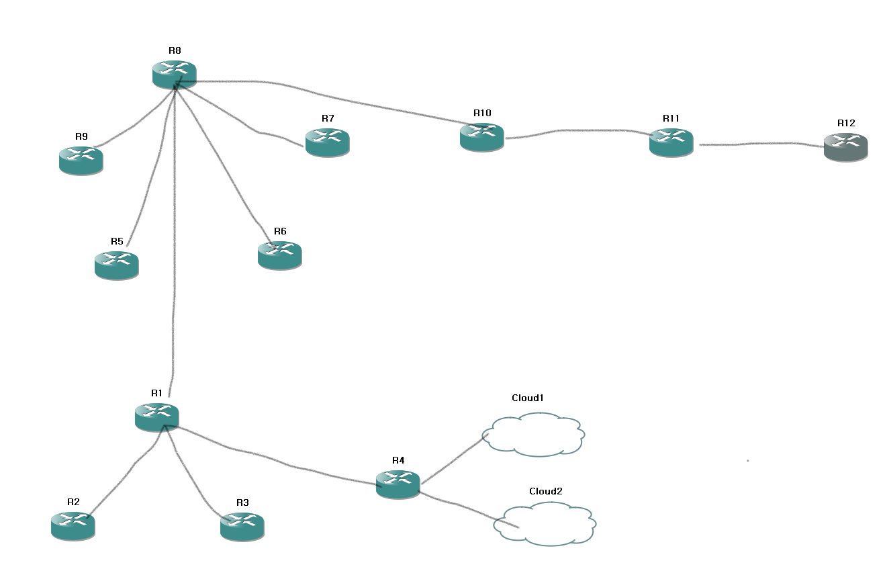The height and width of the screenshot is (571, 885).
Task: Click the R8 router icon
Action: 174,74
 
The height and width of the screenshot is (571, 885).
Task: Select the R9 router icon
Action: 81,160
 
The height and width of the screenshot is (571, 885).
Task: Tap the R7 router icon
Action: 327,142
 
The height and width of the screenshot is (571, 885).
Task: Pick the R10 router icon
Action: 481,136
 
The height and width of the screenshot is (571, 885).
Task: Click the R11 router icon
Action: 671,142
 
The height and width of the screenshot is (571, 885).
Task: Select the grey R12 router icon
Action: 845,146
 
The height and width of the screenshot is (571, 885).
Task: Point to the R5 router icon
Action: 116,265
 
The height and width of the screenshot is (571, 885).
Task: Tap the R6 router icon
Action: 279,255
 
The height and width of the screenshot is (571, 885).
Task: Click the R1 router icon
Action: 156,416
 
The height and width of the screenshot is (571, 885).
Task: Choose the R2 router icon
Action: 73,525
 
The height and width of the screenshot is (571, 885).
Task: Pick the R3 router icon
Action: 242,526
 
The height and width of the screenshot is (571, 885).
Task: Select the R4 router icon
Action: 398,484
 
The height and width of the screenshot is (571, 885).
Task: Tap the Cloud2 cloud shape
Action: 545,524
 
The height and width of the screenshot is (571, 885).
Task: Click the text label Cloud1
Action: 527,398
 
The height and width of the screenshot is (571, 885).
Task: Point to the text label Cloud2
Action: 545,491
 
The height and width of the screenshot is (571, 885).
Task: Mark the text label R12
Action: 846,124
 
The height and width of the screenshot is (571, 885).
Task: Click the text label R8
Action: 175,50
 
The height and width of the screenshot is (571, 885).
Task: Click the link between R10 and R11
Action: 577,131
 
